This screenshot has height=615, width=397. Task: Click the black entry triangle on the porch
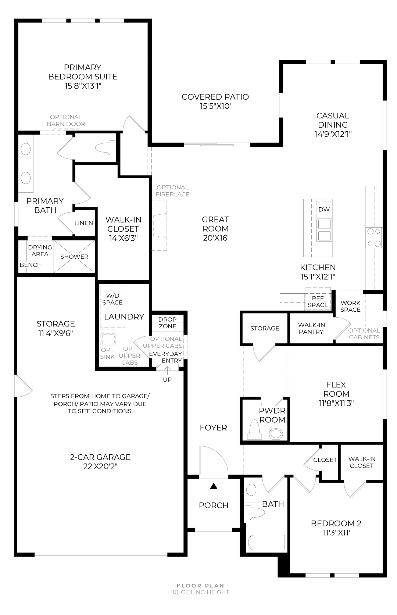214,486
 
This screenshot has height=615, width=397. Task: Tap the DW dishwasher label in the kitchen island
324,210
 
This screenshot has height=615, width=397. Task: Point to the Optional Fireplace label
173,191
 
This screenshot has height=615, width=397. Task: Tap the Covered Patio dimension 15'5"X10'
215,106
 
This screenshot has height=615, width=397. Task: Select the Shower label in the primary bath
74,257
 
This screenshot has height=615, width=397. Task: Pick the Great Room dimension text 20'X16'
216,238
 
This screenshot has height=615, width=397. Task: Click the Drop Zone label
168,323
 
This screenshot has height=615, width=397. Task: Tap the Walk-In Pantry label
311,328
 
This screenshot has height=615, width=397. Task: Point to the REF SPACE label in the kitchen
318,302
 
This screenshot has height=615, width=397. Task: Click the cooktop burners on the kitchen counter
374,237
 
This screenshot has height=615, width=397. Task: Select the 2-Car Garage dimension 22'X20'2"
100,466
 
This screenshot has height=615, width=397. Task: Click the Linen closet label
84,223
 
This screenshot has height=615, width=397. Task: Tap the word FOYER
213,428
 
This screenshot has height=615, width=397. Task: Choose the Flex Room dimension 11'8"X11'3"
336,403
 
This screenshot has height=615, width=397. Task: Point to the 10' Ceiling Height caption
201,592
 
